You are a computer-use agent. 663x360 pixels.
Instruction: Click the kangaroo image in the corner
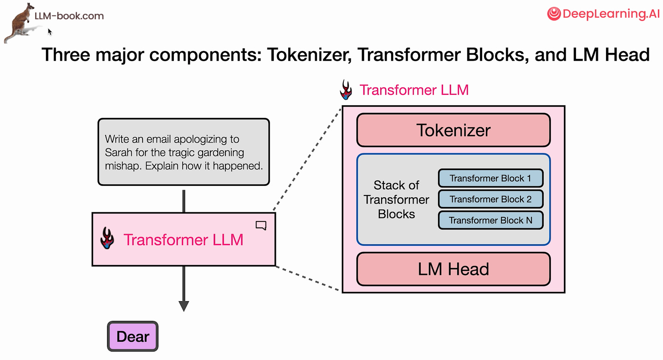click(x=20, y=23)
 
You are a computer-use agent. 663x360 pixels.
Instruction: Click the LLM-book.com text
click(x=69, y=16)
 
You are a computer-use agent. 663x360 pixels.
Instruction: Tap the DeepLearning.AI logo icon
click(x=554, y=14)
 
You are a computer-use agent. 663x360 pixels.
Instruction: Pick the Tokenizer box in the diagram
click(x=453, y=130)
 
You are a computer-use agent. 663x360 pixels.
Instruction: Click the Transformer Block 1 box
click(x=490, y=178)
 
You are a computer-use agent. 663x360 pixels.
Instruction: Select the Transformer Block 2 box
click(x=490, y=199)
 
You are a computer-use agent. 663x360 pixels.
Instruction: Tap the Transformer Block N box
click(x=490, y=220)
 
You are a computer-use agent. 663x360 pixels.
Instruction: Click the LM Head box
click(x=453, y=269)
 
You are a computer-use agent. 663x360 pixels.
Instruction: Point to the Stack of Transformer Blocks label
click(x=396, y=200)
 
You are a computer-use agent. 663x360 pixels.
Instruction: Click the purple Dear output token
click(x=133, y=337)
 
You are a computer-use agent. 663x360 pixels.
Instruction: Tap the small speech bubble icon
click(x=261, y=226)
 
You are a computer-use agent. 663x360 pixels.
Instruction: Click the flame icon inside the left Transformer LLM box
click(x=107, y=238)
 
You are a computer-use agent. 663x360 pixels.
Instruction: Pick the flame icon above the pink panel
click(x=347, y=90)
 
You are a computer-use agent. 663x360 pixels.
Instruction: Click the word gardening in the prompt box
click(x=221, y=153)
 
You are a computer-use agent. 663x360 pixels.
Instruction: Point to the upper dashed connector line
click(x=308, y=158)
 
